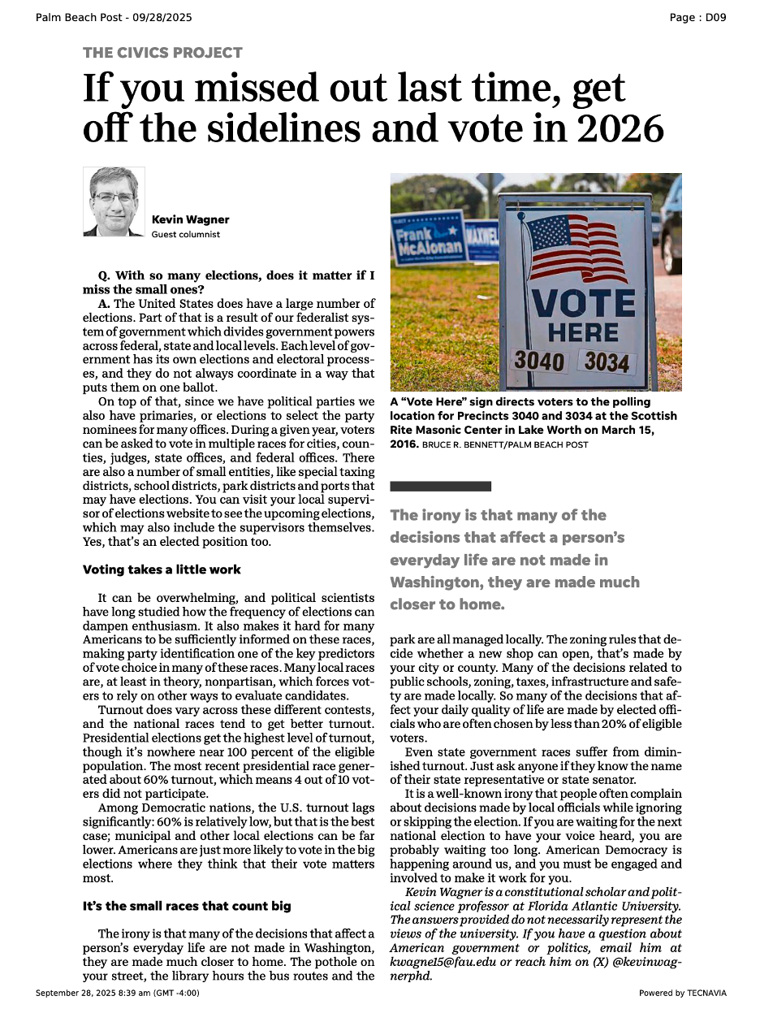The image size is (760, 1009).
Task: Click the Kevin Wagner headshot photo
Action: (114, 201)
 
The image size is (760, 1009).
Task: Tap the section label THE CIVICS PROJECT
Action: (162, 53)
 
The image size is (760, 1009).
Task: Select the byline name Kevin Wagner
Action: (190, 219)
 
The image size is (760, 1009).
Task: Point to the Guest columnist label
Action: (185, 235)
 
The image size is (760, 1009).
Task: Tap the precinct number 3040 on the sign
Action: (539, 359)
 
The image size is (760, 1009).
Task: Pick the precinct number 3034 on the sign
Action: (607, 362)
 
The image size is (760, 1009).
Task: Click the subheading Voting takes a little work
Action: (162, 569)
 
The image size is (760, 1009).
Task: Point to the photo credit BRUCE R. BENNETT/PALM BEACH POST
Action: (505, 445)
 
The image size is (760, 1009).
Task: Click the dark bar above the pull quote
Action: (440, 486)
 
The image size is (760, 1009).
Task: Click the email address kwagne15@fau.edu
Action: (443, 963)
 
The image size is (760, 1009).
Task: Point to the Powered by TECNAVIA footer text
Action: (682, 993)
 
